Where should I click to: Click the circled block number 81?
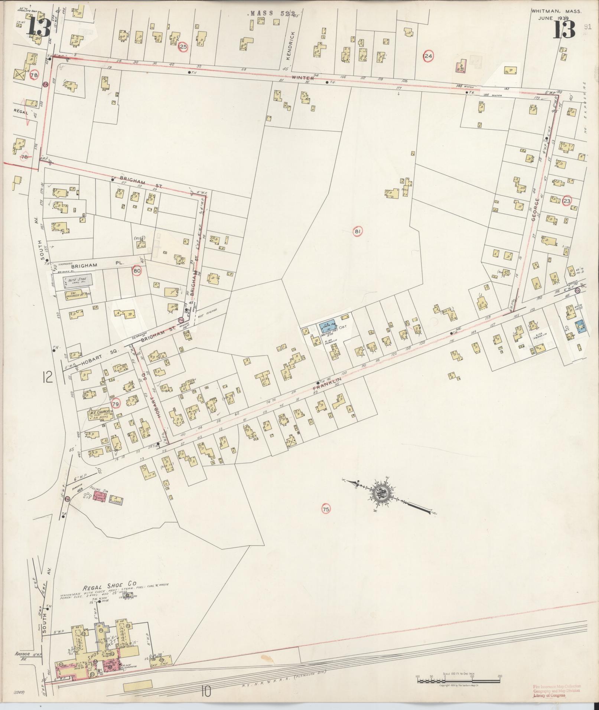tap(357, 232)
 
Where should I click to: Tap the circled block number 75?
tap(326, 510)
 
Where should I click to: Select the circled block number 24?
tap(428, 56)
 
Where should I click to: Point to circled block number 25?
tap(183, 47)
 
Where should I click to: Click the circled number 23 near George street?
tap(566, 201)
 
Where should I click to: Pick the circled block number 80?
tap(137, 271)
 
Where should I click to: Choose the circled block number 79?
tap(116, 404)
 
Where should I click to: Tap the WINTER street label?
tap(303, 78)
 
